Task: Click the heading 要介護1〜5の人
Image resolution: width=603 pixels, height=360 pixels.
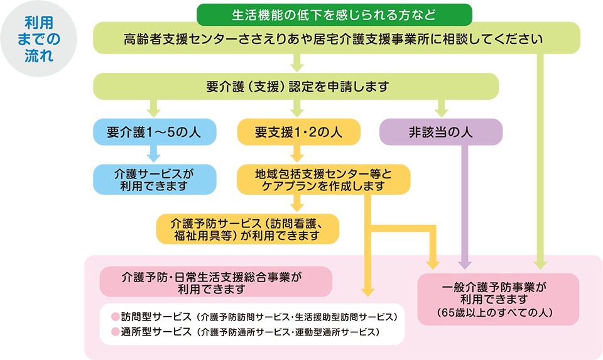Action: point(153,133)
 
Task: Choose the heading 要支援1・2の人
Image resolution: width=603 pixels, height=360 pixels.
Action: point(298,133)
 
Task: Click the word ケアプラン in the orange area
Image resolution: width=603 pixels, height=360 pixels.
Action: point(281,187)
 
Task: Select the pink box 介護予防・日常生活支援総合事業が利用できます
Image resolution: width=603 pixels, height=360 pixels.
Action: point(215,281)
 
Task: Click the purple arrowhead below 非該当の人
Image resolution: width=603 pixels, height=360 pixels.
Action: point(464,263)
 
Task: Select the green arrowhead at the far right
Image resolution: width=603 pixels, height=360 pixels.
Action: point(540,263)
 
